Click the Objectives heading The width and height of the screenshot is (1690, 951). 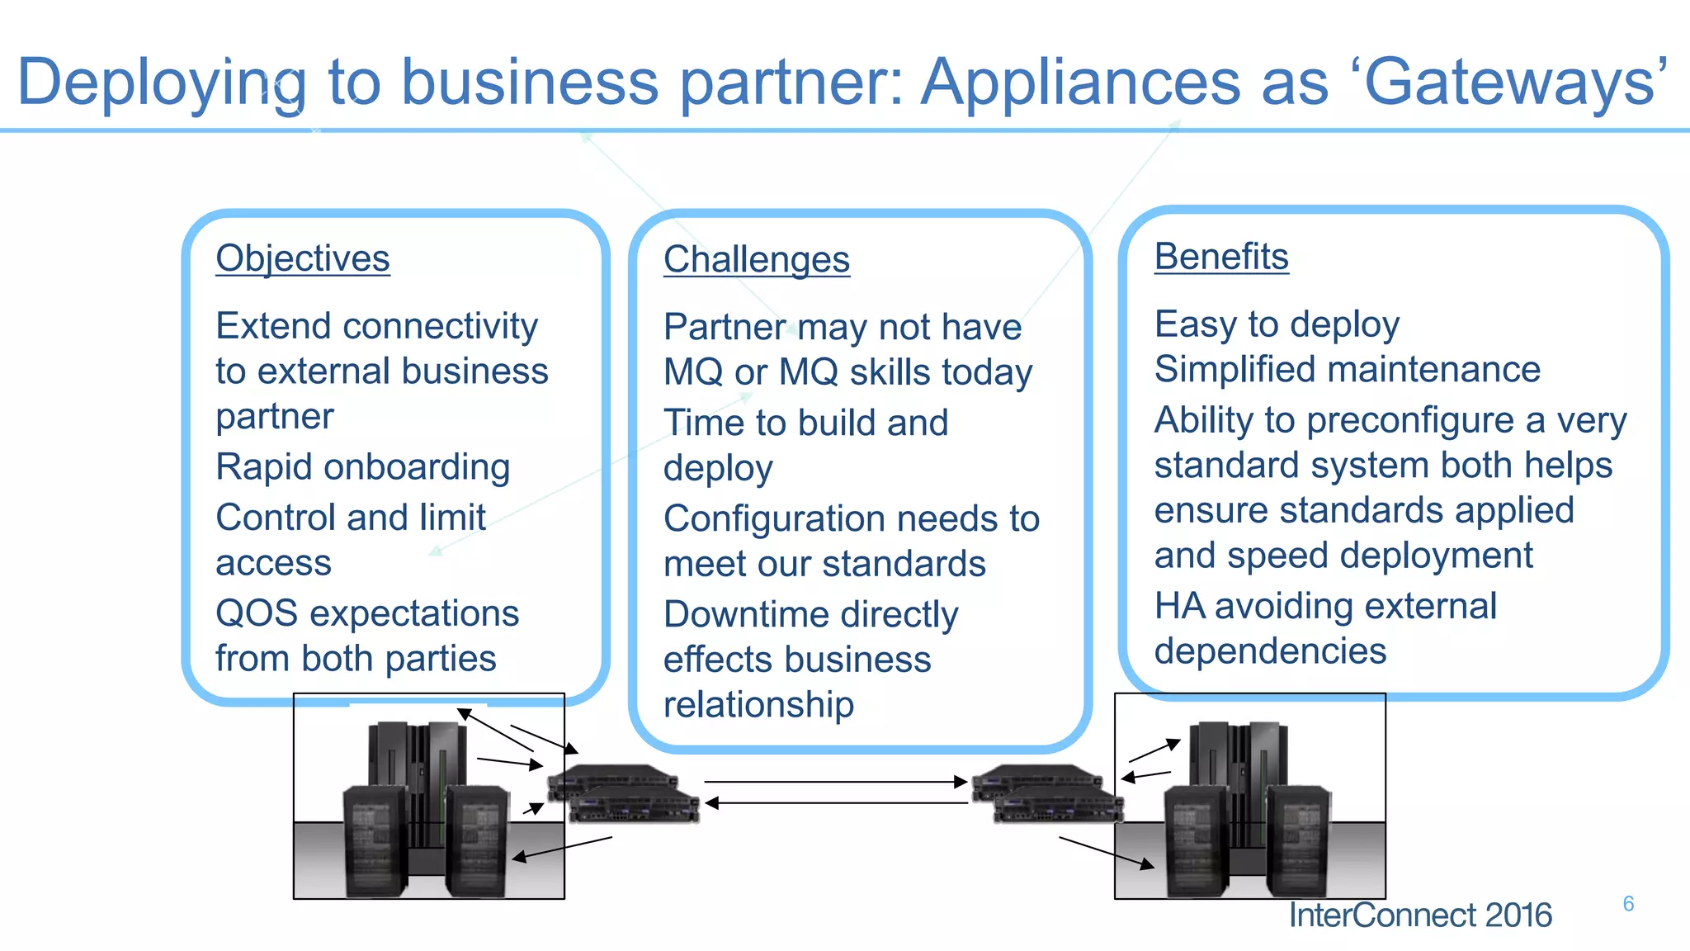pyautogui.click(x=302, y=258)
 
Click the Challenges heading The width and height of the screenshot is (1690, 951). pyautogui.click(x=756, y=260)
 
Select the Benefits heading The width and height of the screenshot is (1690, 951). pyautogui.click(x=1220, y=257)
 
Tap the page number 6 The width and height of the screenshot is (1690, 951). pyautogui.click(x=1628, y=903)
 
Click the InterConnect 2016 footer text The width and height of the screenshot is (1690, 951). pyautogui.click(x=1419, y=916)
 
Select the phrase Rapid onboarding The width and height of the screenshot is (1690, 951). pyautogui.click(x=362, y=467)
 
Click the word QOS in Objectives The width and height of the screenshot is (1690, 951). pyautogui.click(x=256, y=613)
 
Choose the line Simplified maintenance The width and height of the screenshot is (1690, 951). pyautogui.click(x=1347, y=369)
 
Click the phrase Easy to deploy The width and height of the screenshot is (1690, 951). pyautogui.click(x=1277, y=324)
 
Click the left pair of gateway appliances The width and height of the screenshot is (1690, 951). pyautogui.click(x=623, y=793)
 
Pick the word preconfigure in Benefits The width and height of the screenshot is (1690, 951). pyautogui.click(x=1410, y=421)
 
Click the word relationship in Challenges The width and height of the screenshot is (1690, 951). pyautogui.click(x=758, y=705)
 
